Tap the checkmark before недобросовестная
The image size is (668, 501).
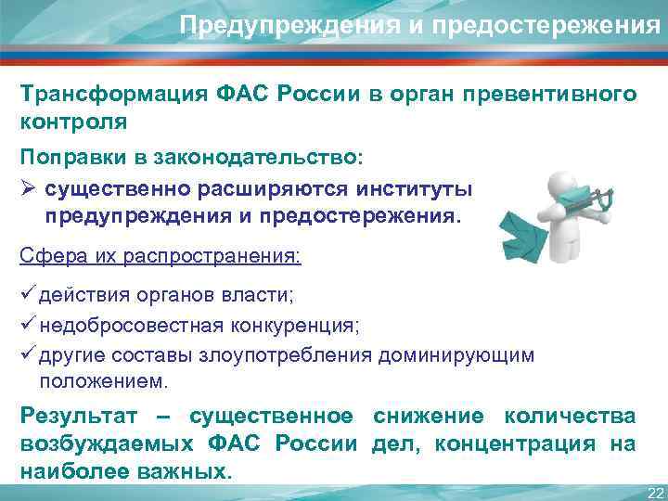click(x=27, y=326)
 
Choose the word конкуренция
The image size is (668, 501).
click(x=301, y=326)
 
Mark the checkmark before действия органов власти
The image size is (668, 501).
click(x=27, y=296)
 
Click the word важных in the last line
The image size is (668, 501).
click(x=193, y=470)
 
